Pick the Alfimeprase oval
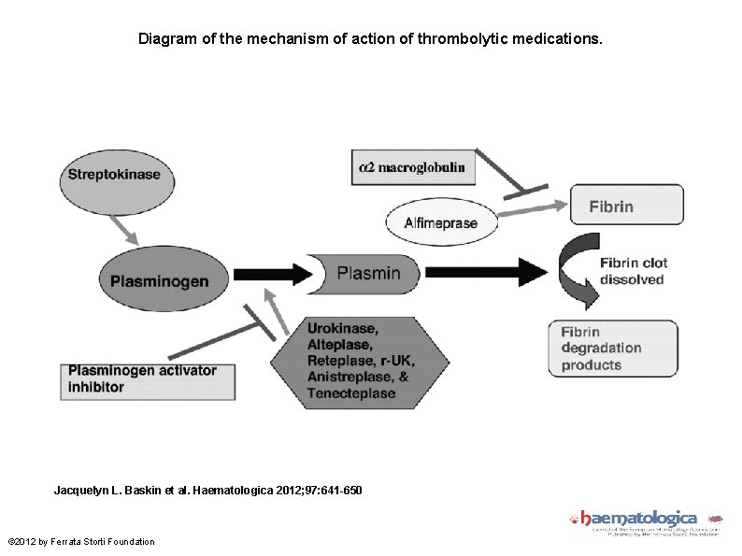tap(440, 222)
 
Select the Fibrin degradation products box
tap(612, 349)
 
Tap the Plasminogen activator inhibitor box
tap(148, 378)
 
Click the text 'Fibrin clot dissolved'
tap(632, 271)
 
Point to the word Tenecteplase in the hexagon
tap(350, 393)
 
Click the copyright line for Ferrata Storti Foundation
tap(82, 541)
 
